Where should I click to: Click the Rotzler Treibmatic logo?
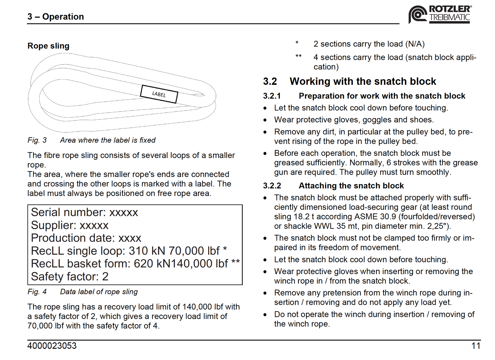pyautogui.click(x=440, y=15)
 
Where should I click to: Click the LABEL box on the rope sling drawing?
pyautogui.click(x=159, y=94)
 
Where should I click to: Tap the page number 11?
pyautogui.click(x=476, y=346)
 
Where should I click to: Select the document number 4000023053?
pyautogui.click(x=52, y=346)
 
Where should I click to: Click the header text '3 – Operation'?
pyautogui.click(x=56, y=17)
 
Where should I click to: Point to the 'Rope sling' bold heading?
pyautogui.click(x=48, y=46)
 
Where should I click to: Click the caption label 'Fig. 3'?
pyautogui.click(x=37, y=140)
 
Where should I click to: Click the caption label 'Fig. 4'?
pyautogui.click(x=37, y=292)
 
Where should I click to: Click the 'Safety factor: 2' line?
pyautogui.click(x=70, y=277)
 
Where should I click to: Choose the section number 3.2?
pyautogui.click(x=270, y=81)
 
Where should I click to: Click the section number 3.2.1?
pyautogui.click(x=272, y=96)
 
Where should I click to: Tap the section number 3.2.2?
pyautogui.click(x=272, y=186)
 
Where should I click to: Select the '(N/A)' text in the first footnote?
pyautogui.click(x=415, y=44)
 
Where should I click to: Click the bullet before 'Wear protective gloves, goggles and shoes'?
pyautogui.click(x=265, y=120)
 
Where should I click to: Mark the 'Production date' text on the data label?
pyautogui.click(x=71, y=238)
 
